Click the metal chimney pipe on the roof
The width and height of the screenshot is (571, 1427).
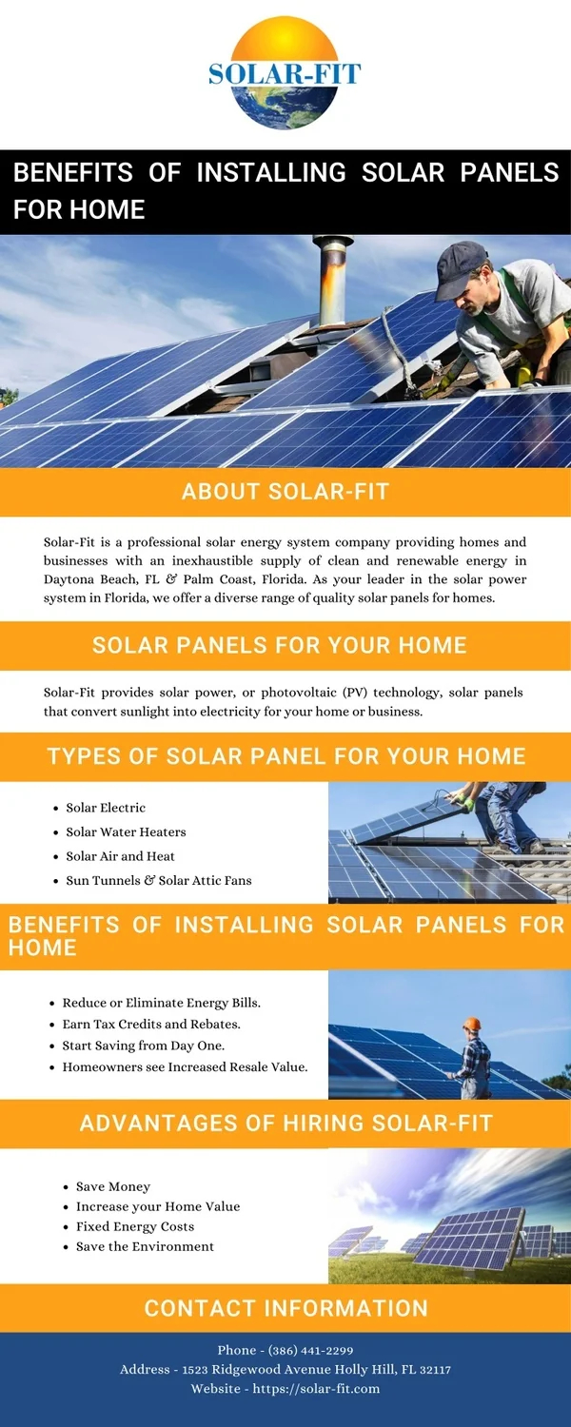tap(333, 271)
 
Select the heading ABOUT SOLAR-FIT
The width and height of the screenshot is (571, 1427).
tap(285, 492)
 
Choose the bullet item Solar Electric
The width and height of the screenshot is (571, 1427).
tap(106, 808)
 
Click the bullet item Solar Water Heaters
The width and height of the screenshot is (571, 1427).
tap(126, 831)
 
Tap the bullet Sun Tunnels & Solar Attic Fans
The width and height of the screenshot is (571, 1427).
tap(159, 880)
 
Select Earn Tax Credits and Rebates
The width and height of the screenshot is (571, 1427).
tap(151, 1025)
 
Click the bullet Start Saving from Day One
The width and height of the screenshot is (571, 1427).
tap(144, 1046)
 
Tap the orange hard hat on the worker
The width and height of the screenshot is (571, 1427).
tap(471, 1025)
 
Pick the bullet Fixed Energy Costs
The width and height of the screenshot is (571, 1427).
tap(135, 1226)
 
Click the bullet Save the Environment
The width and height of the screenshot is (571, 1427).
tap(145, 1246)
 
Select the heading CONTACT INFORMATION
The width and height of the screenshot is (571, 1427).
tap(285, 1308)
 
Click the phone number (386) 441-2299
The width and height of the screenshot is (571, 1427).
tap(311, 1350)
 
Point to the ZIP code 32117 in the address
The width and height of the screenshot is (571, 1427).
tap(433, 1369)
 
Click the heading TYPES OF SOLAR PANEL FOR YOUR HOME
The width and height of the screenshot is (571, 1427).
tap(285, 756)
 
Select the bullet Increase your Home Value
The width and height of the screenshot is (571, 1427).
tap(158, 1206)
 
